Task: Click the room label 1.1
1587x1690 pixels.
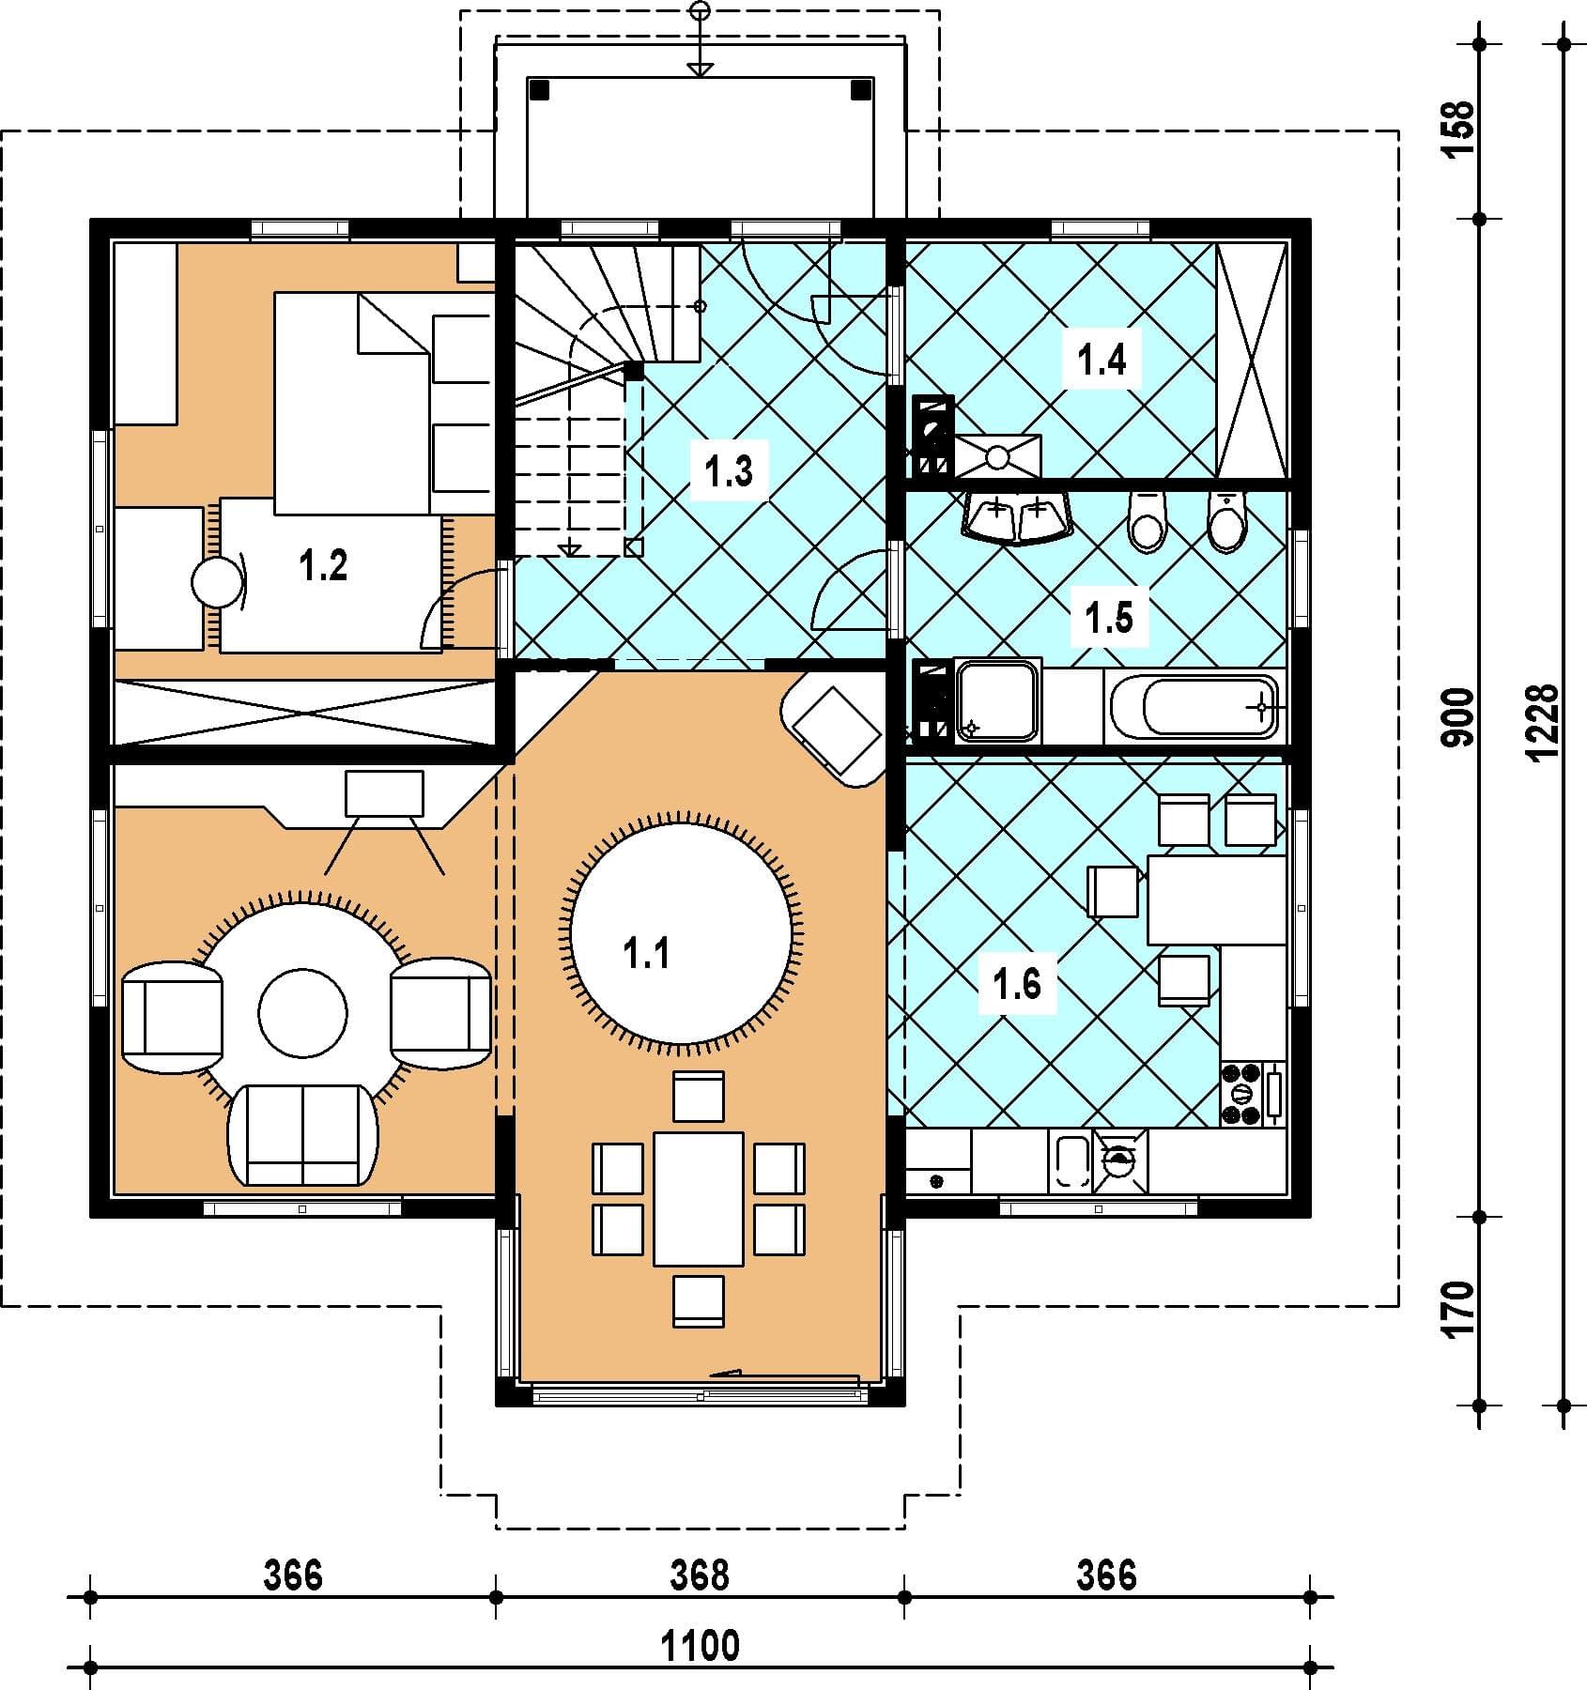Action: (x=646, y=954)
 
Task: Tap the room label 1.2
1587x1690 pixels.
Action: (x=323, y=565)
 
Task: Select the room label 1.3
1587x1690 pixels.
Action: (x=730, y=470)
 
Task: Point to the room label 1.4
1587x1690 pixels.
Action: (x=1102, y=360)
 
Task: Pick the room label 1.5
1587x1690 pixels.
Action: (x=1109, y=618)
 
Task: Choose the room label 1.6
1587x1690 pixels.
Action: (x=1017, y=985)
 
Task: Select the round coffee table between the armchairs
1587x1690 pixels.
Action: (x=303, y=1014)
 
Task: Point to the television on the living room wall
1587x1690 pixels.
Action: (x=384, y=793)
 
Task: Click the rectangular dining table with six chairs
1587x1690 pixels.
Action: (x=699, y=1199)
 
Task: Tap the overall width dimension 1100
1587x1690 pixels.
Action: (x=701, y=1644)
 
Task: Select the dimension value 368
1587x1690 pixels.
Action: (x=700, y=1575)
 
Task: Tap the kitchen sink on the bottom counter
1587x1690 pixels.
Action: (x=1071, y=1161)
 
